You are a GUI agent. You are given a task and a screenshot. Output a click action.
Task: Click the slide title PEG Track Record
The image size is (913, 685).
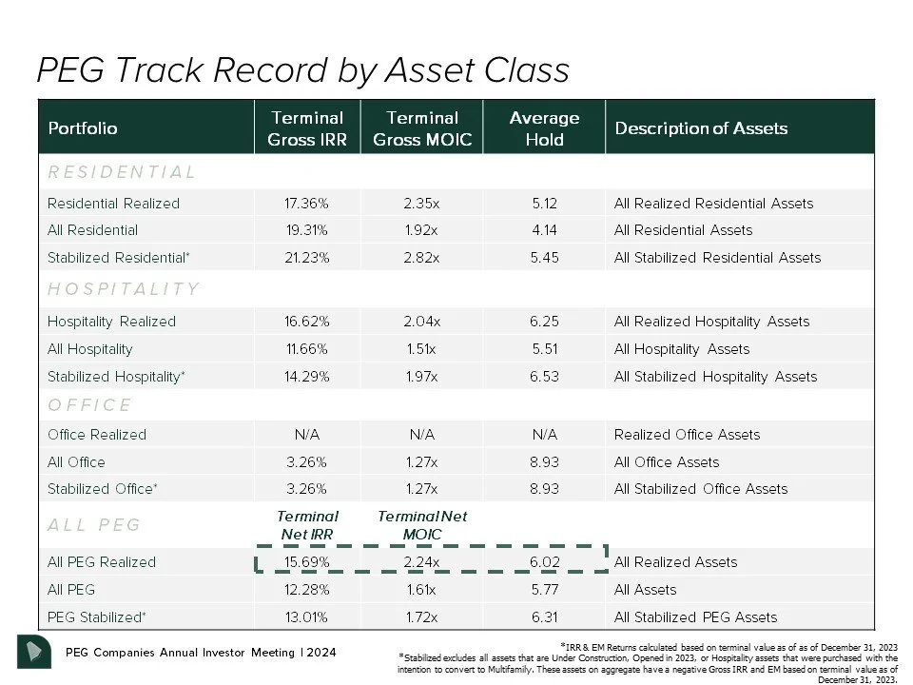(x=302, y=70)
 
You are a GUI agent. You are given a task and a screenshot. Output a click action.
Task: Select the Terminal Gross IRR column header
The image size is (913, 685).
(x=306, y=128)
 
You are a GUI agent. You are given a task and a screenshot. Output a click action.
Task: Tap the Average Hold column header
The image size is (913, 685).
(x=544, y=128)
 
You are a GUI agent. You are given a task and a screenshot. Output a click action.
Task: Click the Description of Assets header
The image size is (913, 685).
(x=701, y=128)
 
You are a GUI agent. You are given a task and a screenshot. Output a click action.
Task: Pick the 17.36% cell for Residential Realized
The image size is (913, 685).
(x=306, y=203)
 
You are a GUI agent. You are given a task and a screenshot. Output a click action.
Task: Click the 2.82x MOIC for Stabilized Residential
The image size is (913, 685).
(x=421, y=257)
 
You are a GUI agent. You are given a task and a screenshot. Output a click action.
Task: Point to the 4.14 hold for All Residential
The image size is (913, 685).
(x=544, y=230)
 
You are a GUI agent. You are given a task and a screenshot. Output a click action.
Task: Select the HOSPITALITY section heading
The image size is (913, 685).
(x=124, y=289)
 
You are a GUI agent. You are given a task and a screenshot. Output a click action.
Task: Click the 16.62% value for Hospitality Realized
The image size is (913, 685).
(x=306, y=322)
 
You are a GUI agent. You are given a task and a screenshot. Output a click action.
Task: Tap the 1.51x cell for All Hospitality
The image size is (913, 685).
(x=421, y=349)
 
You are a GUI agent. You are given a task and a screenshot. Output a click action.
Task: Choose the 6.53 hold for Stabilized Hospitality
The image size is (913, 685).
(x=544, y=376)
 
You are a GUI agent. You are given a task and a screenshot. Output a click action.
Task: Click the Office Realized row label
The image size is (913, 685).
(x=97, y=435)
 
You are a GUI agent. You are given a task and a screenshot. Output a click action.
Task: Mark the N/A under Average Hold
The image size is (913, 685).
(x=544, y=435)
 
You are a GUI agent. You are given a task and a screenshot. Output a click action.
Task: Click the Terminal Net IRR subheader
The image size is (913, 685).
(x=307, y=525)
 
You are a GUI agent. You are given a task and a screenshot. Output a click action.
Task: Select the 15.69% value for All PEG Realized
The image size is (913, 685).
(x=306, y=562)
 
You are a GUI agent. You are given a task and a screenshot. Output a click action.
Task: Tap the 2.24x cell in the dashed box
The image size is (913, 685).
(x=421, y=562)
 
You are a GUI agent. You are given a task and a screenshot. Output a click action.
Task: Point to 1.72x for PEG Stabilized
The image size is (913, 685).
(x=421, y=616)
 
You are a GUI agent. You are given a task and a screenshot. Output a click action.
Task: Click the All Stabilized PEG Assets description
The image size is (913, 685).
(x=695, y=616)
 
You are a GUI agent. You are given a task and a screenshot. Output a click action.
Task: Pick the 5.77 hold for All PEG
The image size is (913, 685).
(x=544, y=590)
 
